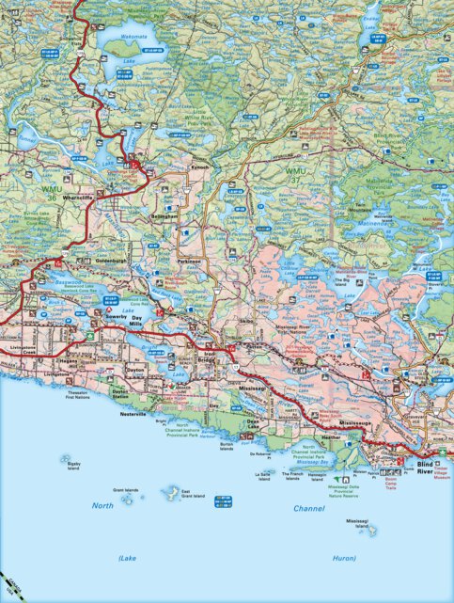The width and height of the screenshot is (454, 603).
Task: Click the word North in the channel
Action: coord(102,506)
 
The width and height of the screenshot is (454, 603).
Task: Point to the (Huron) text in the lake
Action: coord(344,558)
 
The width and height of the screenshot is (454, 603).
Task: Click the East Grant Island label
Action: coord(194,495)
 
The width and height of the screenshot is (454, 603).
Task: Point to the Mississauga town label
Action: coord(357,424)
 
